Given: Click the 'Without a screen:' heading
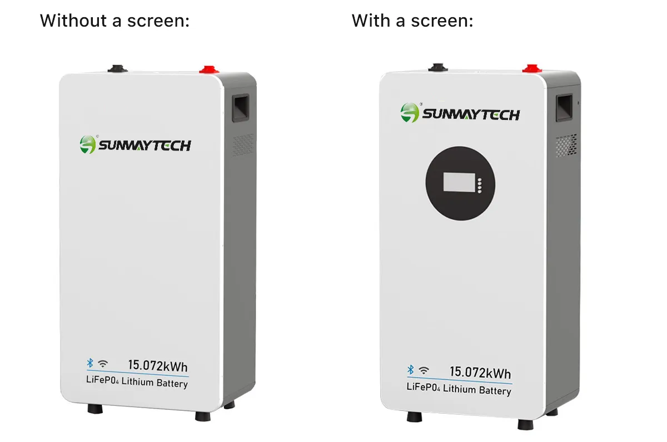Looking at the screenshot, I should [115, 21].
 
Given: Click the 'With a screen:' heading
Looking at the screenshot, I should [412, 21].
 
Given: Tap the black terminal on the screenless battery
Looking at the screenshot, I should [118, 68].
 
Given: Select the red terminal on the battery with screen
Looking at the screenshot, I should [531, 69].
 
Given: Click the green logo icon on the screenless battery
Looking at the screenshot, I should [88, 144].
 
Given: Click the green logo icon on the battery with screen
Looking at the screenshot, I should [410, 113].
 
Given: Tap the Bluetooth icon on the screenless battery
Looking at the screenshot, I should [89, 363].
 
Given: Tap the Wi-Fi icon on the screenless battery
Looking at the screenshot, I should [103, 364].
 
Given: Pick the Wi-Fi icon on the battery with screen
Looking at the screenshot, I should [424, 370].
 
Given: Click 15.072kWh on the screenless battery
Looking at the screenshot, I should [158, 366].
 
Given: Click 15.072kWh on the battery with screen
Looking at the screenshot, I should [480, 373].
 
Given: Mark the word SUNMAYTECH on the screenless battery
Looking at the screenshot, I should [145, 145].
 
